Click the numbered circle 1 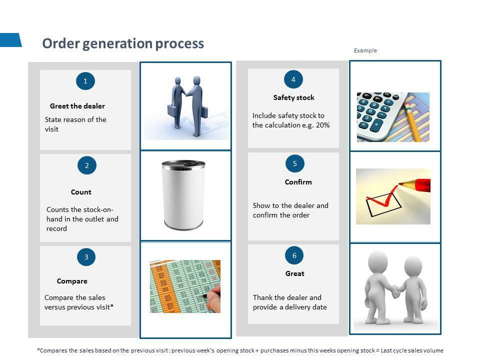point(85,81)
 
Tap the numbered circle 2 point(87,165)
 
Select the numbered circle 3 point(86,257)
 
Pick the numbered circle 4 point(293,79)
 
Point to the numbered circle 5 point(295,163)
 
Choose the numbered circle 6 point(294,255)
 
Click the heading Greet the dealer point(77,106)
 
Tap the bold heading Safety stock point(294,97)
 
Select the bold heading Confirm point(298,182)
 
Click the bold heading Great point(295,273)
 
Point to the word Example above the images point(365,50)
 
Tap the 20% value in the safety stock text point(322,125)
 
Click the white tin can point(183,195)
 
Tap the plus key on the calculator point(376,124)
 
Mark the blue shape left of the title point(10,40)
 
